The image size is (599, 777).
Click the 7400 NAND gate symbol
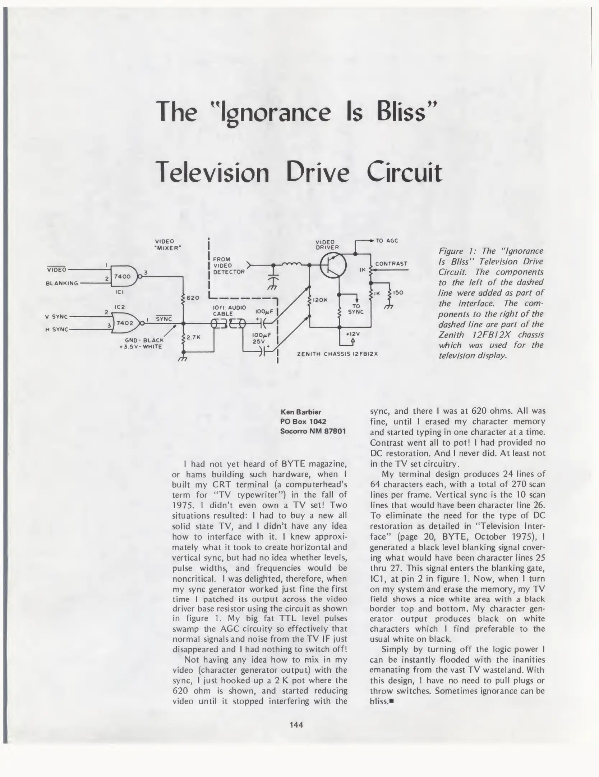click(123, 276)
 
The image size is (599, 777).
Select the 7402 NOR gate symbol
click(125, 323)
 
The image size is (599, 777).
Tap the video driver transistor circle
click(333, 265)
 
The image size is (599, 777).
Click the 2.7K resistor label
click(193, 337)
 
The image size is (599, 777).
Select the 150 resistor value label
click(398, 292)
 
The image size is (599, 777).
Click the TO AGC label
click(387, 241)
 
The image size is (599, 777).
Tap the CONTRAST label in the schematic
click(391, 263)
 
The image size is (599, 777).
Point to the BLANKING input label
click(62, 283)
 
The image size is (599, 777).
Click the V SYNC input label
click(56, 317)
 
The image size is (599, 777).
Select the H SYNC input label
click(56, 329)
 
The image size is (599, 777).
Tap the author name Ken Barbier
click(300, 412)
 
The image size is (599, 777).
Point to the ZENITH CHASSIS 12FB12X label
click(337, 354)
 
